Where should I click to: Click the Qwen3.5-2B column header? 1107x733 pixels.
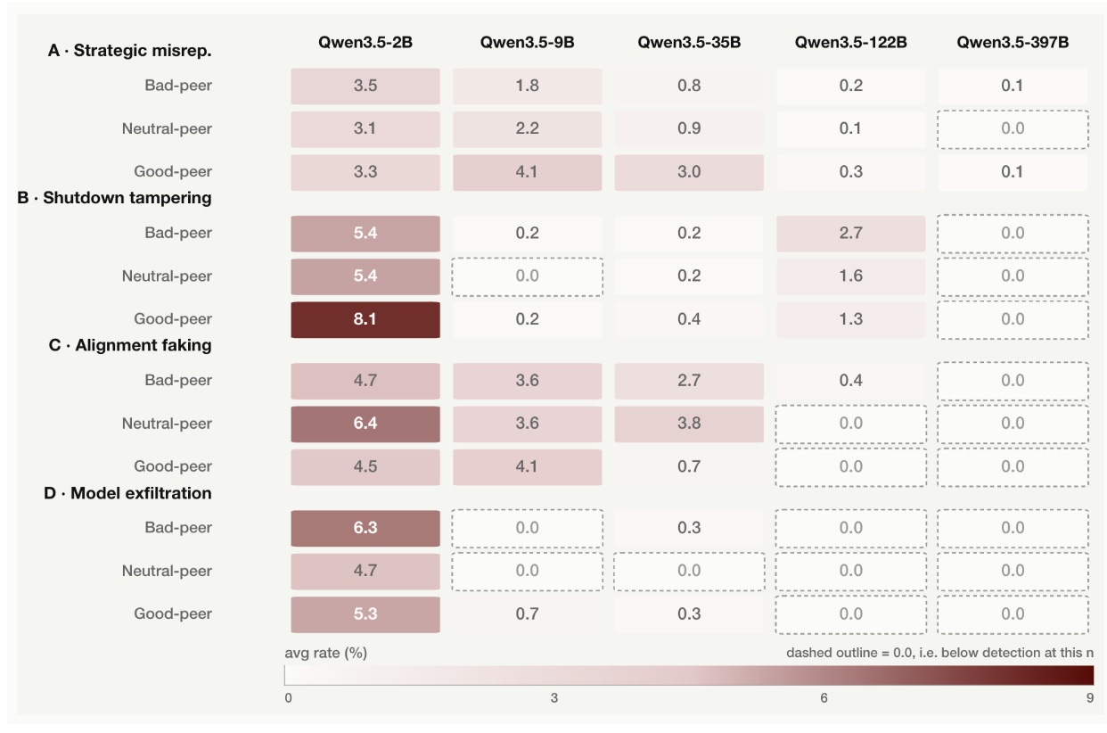point(365,43)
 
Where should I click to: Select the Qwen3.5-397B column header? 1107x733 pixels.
point(1013,43)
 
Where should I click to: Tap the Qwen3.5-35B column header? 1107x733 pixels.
point(689,43)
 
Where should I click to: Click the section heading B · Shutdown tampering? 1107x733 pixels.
point(115,198)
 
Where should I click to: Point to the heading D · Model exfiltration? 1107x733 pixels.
point(127,493)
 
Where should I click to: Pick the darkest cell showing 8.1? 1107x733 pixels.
point(365,320)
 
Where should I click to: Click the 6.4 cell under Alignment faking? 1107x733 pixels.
point(365,424)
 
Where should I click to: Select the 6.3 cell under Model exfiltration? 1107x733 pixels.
point(365,529)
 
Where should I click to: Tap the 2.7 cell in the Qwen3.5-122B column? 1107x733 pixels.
point(850,234)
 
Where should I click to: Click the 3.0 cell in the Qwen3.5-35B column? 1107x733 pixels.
point(689,172)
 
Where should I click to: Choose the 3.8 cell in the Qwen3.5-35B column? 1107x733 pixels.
point(689,424)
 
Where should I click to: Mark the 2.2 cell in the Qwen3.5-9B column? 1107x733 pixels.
point(528,129)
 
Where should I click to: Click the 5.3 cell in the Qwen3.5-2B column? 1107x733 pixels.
point(365,614)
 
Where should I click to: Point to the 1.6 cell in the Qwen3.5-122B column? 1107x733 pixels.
point(850,276)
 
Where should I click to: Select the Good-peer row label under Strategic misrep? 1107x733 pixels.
point(173,171)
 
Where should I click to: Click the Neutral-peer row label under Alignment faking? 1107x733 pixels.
point(167,424)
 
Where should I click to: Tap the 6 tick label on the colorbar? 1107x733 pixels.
point(824,698)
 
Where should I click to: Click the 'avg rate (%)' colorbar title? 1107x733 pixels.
point(325,653)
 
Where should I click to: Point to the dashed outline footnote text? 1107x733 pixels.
point(939,653)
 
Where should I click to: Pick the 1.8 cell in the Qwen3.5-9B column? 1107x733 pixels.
point(528,86)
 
